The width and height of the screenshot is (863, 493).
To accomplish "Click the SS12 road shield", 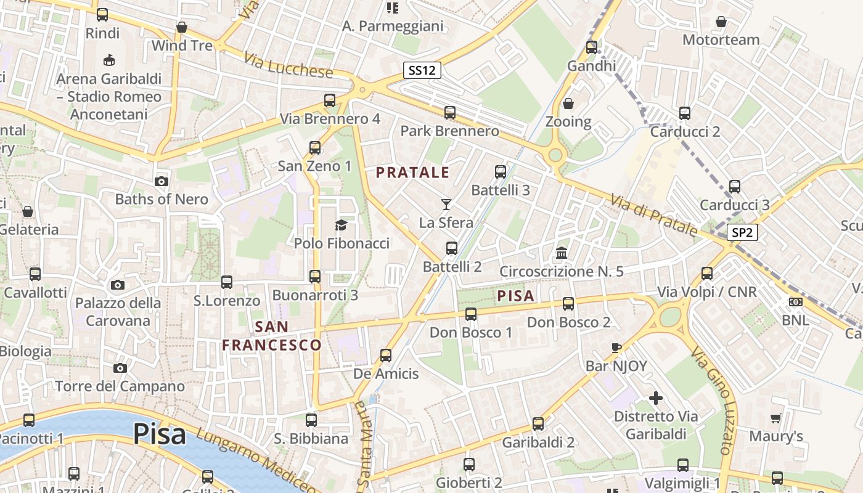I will point(422,70).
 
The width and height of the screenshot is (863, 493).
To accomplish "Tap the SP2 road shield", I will point(742,232).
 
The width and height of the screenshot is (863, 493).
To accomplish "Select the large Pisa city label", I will point(160,434).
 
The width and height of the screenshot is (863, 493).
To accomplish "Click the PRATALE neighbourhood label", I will point(413,173).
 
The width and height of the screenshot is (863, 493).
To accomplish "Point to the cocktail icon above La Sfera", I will point(446,204).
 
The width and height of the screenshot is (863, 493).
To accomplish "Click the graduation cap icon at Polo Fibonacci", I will point(341,225).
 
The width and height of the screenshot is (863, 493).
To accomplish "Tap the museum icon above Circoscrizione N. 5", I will point(562,253).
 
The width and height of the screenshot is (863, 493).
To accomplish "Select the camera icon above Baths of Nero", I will point(162,181).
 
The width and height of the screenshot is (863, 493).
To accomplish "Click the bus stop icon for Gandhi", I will point(592,47).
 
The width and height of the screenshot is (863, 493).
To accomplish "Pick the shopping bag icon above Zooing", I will point(568,103).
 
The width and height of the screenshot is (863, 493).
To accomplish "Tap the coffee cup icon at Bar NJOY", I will point(616,348).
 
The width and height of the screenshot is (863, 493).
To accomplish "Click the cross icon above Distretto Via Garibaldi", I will point(656,397).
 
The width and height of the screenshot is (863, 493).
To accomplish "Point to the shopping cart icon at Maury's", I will point(775,418).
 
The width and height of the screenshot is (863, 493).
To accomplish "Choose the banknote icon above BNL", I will point(795,302).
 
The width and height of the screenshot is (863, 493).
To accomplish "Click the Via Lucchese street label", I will point(288,65).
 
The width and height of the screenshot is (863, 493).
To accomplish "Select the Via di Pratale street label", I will point(654,215).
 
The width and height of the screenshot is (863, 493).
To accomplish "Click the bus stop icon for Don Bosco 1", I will point(471,314).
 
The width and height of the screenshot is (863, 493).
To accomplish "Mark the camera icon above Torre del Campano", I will point(120,368).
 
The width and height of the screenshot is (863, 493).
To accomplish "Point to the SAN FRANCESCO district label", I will point(272,335).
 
